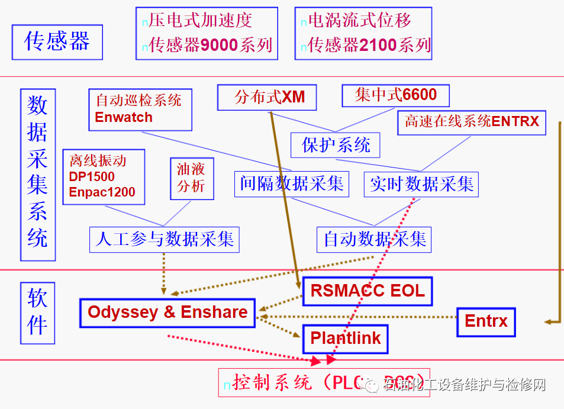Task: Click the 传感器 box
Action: (x=57, y=42)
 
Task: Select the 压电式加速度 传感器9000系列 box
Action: (x=207, y=33)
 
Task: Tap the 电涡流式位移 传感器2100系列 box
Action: (x=363, y=33)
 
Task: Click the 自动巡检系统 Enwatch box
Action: (x=140, y=110)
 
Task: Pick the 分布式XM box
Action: (x=267, y=97)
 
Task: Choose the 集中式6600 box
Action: (x=395, y=95)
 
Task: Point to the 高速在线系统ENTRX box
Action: (x=472, y=122)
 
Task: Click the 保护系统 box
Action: (x=336, y=145)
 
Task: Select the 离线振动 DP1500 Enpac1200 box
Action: (x=104, y=177)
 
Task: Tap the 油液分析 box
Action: (x=191, y=178)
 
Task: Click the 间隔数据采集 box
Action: (x=292, y=183)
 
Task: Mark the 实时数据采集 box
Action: (x=421, y=184)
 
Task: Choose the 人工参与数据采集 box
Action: (x=165, y=239)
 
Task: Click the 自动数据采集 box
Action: (x=374, y=240)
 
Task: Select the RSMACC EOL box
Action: (x=367, y=291)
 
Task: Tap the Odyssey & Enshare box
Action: (x=167, y=313)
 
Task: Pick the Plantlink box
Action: (x=346, y=339)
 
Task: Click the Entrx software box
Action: (x=486, y=321)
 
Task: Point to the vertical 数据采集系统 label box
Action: (x=37, y=175)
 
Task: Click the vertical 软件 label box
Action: (x=37, y=313)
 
